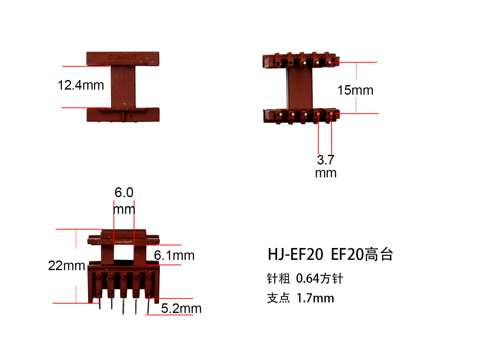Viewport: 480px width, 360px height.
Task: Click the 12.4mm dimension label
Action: [81, 85]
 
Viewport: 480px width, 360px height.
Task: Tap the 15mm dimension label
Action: [355, 90]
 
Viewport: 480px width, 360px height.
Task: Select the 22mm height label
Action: [66, 266]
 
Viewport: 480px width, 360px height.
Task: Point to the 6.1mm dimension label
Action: [174, 255]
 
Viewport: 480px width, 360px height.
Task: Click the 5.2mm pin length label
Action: [181, 308]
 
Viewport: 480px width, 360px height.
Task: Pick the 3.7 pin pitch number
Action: [325, 160]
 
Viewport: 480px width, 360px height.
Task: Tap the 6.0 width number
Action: [124, 193]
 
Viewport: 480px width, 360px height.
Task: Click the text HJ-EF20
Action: [295, 255]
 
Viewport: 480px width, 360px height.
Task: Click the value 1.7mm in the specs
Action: [315, 298]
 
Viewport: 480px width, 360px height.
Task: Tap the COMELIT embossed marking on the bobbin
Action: [122, 57]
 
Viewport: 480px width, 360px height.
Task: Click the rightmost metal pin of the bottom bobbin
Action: [148, 306]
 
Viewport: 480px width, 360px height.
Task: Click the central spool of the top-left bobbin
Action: [123, 87]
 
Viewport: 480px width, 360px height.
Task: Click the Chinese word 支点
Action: [278, 298]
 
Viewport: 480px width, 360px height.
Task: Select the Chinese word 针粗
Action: [278, 279]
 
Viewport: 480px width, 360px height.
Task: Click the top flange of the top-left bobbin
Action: [123, 59]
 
